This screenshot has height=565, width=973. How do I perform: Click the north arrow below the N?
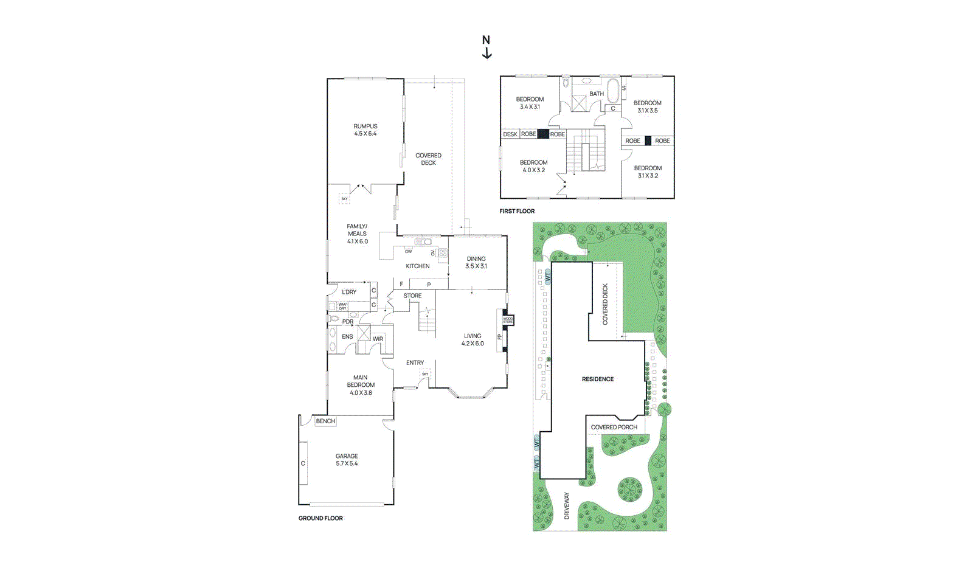coord(486,54)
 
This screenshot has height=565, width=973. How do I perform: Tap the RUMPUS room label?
coord(365,130)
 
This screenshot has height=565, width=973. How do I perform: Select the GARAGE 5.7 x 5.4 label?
coord(347,460)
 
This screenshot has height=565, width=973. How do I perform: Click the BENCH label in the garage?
coord(325,421)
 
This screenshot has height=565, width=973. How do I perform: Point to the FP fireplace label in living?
coord(500,337)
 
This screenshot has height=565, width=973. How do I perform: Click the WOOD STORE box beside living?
coord(508,320)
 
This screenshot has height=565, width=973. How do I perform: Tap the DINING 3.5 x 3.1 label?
coord(476,262)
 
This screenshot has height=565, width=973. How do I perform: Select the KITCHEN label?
coord(418,266)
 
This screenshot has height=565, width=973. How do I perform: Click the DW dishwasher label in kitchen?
coord(409,251)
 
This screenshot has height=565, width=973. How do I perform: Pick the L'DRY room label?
coord(349,292)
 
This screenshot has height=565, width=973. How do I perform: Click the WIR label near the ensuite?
coord(378,339)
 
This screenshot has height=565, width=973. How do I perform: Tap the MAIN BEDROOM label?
coord(361,385)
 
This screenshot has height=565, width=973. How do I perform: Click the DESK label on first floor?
coord(510,134)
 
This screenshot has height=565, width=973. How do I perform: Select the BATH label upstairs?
coord(597,94)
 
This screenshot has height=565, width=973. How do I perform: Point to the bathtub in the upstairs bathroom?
coord(612,91)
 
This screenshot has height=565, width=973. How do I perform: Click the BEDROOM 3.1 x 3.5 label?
coord(648,106)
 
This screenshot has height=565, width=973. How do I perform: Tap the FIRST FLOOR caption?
coord(517,211)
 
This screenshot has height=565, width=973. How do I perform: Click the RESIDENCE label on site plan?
coord(598,379)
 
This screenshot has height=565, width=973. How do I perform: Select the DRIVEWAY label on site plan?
coord(567,505)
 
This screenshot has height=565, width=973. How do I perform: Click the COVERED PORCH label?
coord(614,427)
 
